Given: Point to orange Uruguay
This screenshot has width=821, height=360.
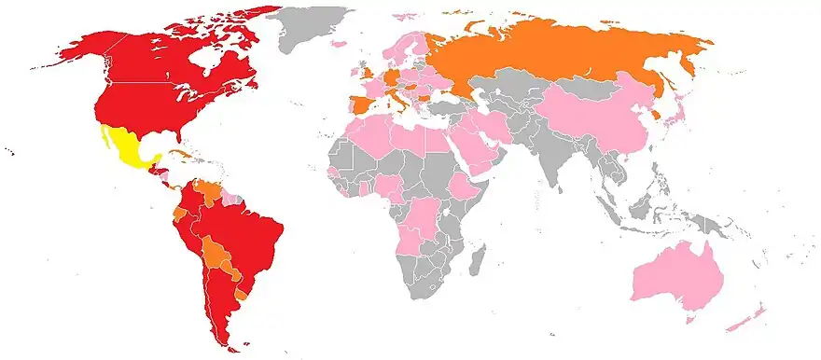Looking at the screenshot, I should coord(243,293).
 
